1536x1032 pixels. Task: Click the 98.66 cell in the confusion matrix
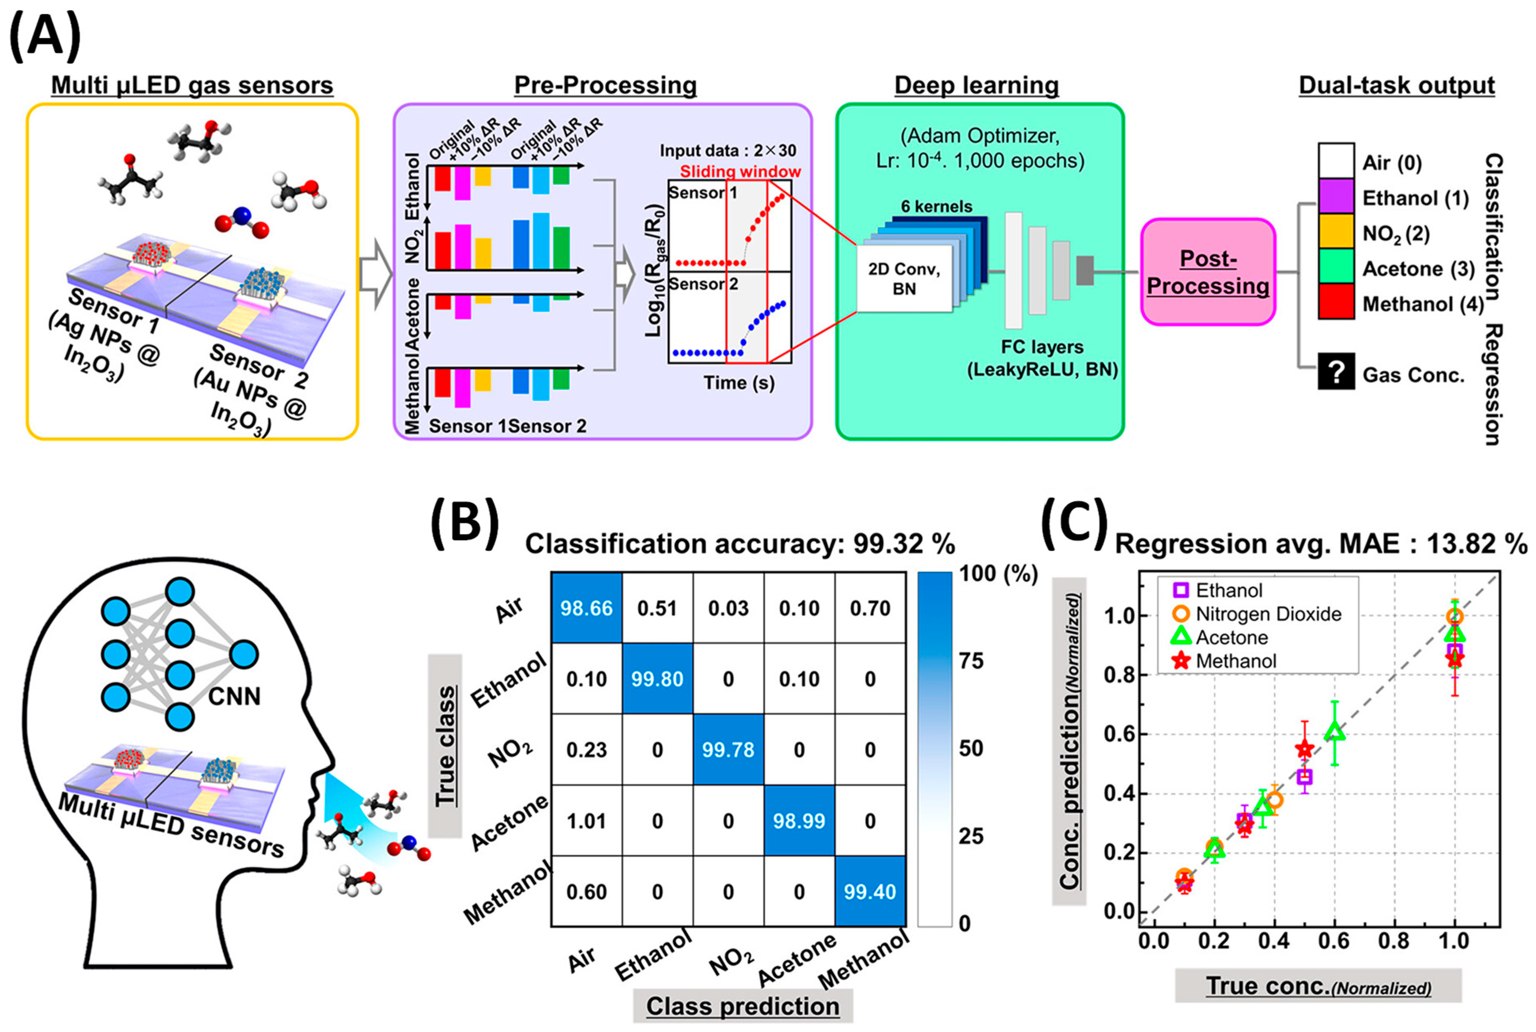tap(586, 608)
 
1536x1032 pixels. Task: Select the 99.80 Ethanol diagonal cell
tap(657, 679)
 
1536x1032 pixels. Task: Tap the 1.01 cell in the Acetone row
tap(586, 821)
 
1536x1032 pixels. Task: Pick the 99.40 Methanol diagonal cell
tap(870, 892)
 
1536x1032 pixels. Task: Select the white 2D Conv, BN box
tap(904, 279)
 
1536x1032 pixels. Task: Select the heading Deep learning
tap(976, 85)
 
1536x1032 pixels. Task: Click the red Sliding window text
tap(740, 172)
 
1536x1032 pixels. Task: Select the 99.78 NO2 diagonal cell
tap(728, 750)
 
